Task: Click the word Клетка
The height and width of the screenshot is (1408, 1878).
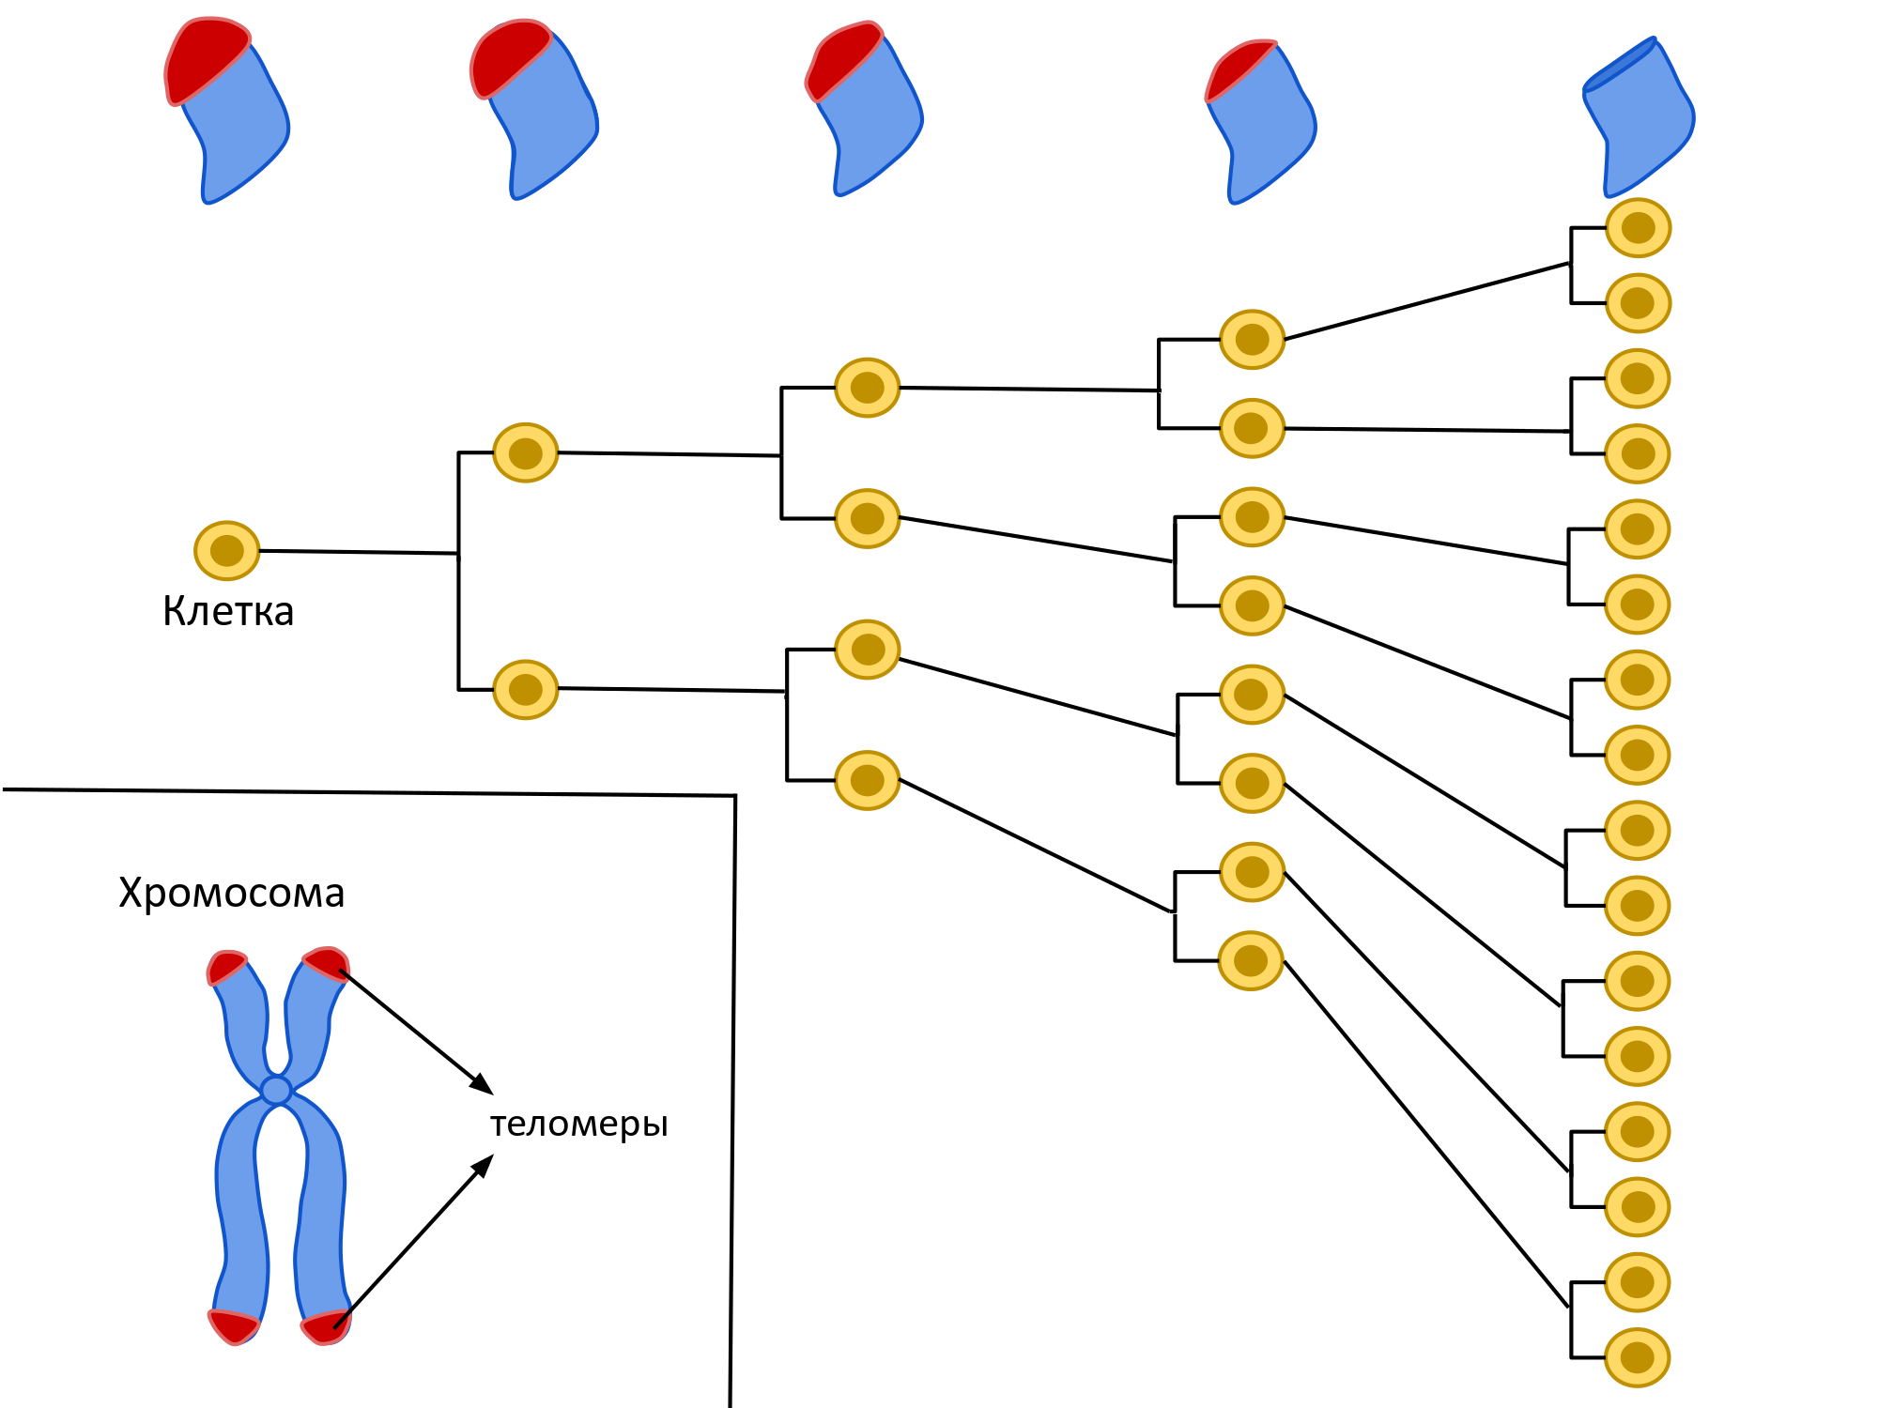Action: pos(228,611)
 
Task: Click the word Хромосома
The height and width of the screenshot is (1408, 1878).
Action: pos(231,893)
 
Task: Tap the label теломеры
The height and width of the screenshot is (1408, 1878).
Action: pos(578,1124)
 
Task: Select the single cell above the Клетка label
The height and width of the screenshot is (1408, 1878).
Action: pos(226,550)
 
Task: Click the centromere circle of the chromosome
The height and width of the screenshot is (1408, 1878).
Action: pos(276,1090)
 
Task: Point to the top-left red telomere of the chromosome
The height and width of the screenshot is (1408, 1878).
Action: pos(226,967)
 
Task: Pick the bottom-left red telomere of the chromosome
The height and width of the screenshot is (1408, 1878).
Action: pos(233,1326)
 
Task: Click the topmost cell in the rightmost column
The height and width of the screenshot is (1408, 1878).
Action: pos(1638,228)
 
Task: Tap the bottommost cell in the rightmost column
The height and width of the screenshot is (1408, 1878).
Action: pos(1637,1357)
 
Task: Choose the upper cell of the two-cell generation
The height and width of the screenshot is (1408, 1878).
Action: pos(525,452)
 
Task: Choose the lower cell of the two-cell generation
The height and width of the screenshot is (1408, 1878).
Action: pos(525,690)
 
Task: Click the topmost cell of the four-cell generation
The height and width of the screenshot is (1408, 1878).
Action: pos(867,388)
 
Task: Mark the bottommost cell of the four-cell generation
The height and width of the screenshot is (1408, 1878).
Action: pos(867,780)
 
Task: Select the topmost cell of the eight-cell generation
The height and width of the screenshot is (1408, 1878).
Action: pos(1252,339)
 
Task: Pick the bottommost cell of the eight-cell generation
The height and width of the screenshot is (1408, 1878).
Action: pos(1251,960)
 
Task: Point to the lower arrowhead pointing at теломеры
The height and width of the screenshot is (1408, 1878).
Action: pos(484,1165)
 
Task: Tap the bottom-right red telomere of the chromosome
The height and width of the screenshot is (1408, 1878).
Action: pos(326,1327)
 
